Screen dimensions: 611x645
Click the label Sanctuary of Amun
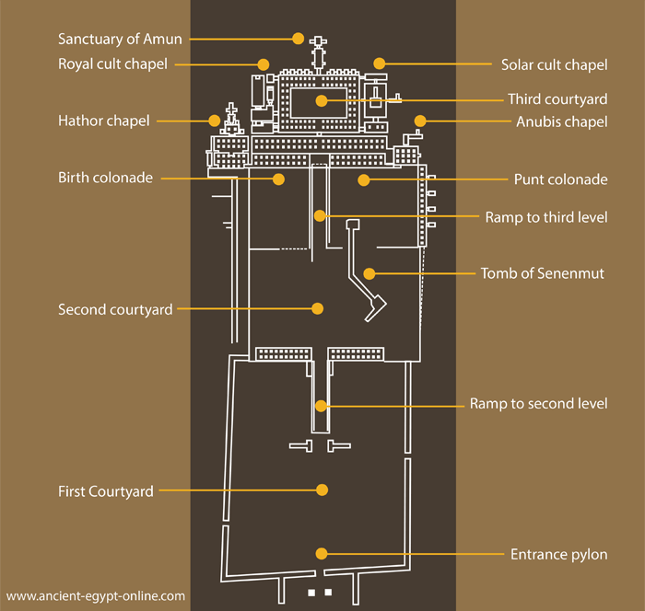click(120, 39)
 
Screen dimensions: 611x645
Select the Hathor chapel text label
click(103, 121)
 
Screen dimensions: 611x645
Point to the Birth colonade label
click(105, 178)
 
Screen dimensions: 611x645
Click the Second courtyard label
click(115, 309)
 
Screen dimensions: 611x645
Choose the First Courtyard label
click(105, 491)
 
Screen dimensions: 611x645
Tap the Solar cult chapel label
click(554, 64)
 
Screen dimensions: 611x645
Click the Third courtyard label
click(557, 99)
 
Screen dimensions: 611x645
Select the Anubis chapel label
click(560, 121)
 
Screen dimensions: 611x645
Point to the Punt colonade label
click(560, 179)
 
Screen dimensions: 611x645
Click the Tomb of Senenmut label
click(542, 273)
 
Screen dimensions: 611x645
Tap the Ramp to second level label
click(538, 404)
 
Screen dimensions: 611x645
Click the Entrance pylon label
click(558, 554)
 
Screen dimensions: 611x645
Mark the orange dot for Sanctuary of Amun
click(298, 39)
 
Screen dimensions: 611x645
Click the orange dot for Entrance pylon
click(322, 553)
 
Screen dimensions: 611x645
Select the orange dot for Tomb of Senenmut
click(369, 273)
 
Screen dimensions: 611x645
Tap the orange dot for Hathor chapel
click(215, 121)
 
